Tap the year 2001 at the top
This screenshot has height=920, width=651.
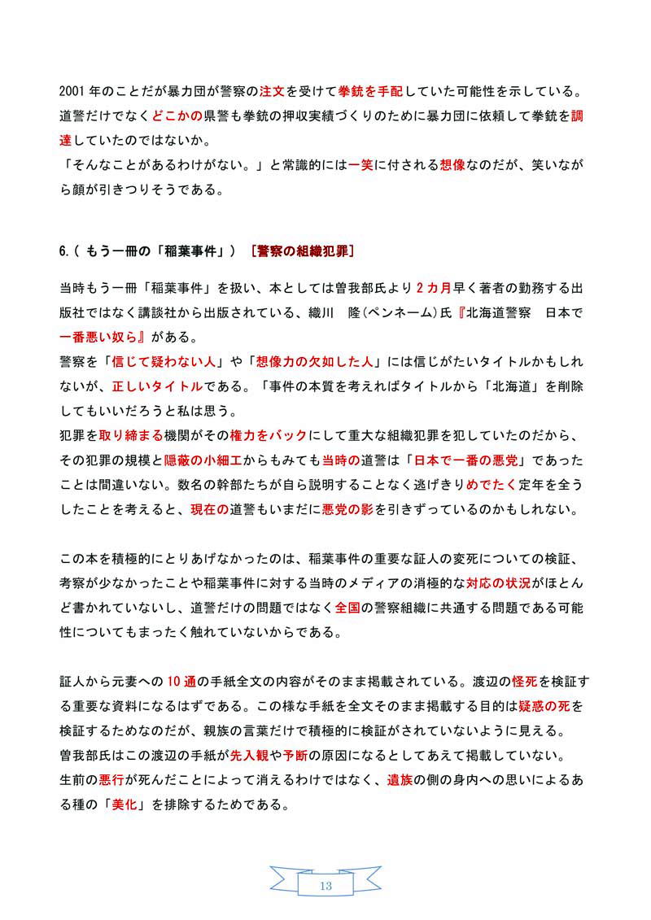click(74, 89)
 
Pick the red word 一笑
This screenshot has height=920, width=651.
click(360, 164)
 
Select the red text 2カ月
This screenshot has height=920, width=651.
click(432, 289)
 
